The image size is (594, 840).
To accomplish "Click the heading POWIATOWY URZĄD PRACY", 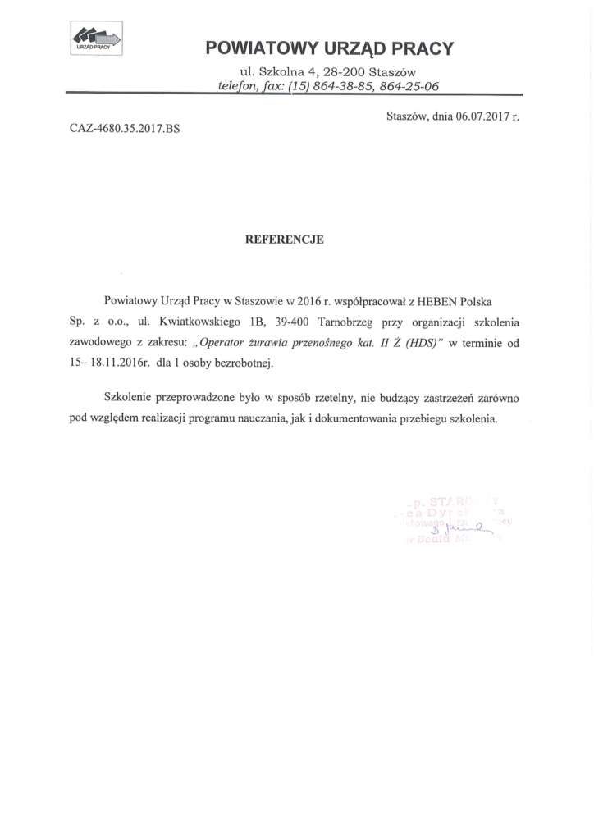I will point(329,48).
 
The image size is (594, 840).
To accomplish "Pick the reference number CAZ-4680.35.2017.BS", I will point(118,130).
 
